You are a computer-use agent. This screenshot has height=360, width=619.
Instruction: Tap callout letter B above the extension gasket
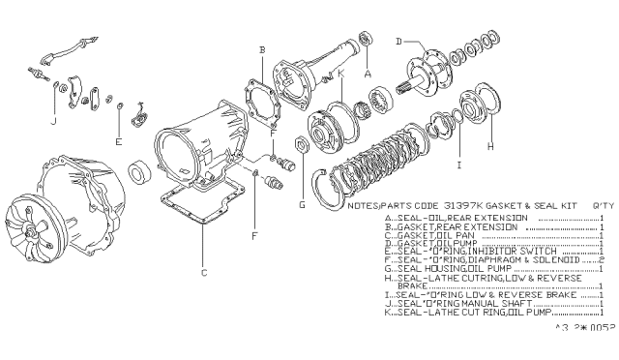[x=261, y=48]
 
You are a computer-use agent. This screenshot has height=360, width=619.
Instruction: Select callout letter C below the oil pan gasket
[x=203, y=273]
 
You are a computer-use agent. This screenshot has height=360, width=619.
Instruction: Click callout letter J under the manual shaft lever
[x=52, y=122]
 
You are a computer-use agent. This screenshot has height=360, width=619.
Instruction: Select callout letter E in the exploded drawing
[x=118, y=140]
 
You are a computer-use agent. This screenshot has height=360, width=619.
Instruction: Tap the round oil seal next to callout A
[x=367, y=40]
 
